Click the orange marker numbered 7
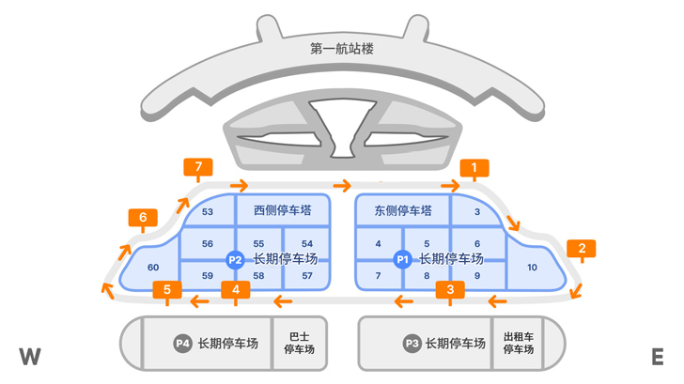click(x=198, y=169)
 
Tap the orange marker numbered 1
click(x=474, y=169)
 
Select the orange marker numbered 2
click(x=582, y=249)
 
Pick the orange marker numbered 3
click(x=451, y=289)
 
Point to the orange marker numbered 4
click(x=235, y=289)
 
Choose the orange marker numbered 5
click(x=167, y=289)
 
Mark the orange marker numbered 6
click(x=143, y=220)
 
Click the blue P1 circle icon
click(x=403, y=259)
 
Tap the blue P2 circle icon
click(x=236, y=259)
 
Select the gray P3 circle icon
click(x=411, y=344)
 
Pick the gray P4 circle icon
click(x=182, y=344)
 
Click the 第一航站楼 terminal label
click(x=341, y=49)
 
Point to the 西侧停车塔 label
click(x=283, y=211)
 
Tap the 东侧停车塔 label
click(x=402, y=211)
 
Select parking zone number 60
click(x=153, y=268)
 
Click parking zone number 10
click(x=532, y=268)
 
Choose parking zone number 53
click(x=208, y=212)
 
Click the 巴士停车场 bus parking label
click(x=299, y=344)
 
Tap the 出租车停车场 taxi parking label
click(x=518, y=344)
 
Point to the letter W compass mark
click(x=30, y=357)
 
